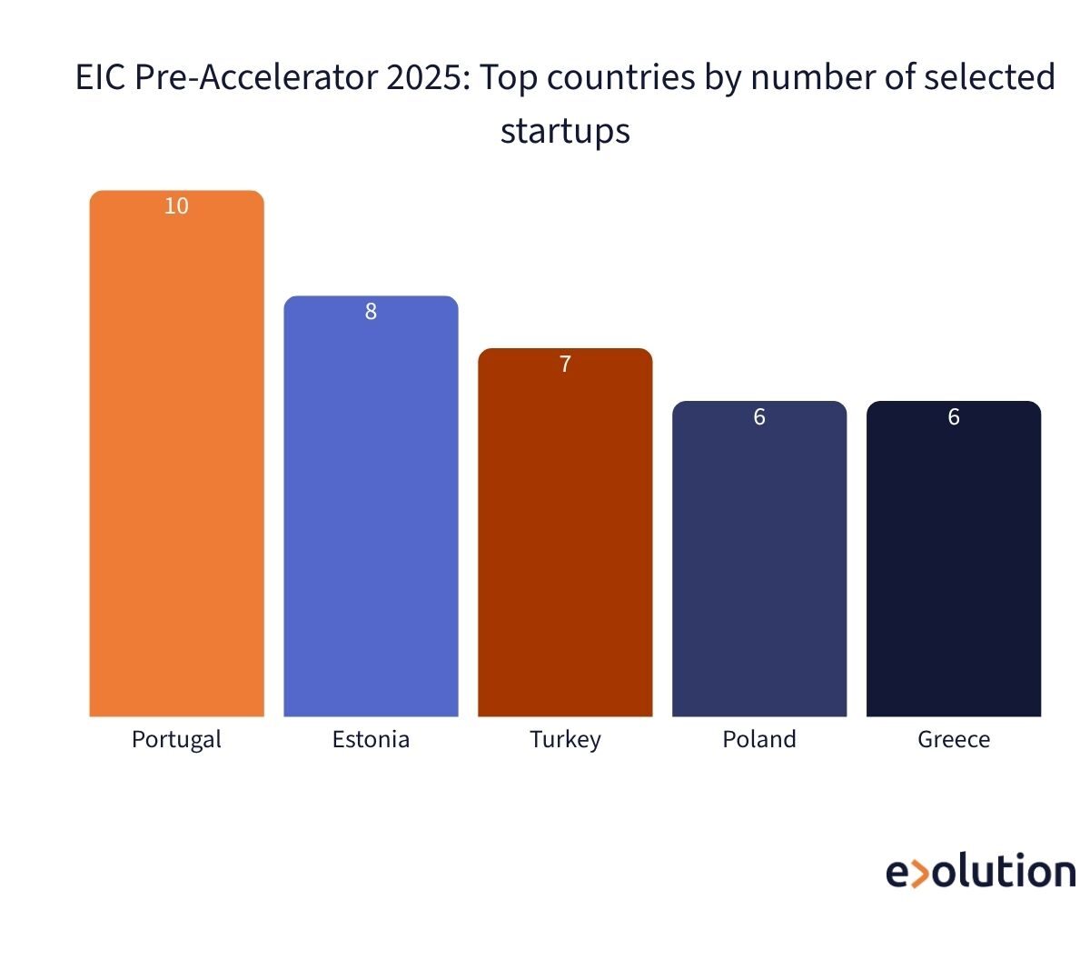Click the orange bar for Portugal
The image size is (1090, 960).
click(176, 455)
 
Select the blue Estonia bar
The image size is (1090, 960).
click(371, 509)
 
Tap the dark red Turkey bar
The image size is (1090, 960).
click(565, 536)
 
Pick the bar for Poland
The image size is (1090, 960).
click(759, 564)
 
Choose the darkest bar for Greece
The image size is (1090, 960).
click(954, 564)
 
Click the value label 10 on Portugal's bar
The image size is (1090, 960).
click(176, 206)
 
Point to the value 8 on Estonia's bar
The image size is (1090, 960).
click(371, 312)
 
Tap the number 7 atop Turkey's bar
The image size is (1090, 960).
click(565, 365)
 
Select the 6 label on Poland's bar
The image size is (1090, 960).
click(759, 417)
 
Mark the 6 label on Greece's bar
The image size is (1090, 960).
click(954, 417)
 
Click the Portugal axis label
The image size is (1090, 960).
click(176, 739)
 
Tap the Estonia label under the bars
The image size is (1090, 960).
click(371, 739)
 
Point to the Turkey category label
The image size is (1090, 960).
click(565, 739)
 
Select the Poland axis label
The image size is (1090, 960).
click(759, 739)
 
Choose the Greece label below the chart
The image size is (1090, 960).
click(954, 739)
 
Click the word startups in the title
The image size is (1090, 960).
click(565, 131)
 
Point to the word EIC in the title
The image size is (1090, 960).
click(101, 78)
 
